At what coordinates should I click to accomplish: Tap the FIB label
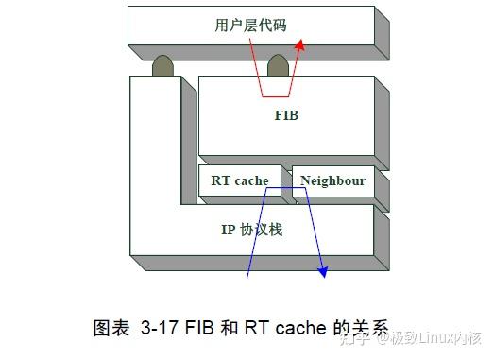(285, 116)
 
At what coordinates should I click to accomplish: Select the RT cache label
(240, 180)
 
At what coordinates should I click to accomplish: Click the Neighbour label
(333, 180)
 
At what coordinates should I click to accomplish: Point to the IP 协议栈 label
(252, 230)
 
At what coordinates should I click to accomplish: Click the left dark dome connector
(163, 66)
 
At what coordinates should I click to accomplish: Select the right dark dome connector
(278, 66)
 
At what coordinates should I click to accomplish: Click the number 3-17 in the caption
(160, 330)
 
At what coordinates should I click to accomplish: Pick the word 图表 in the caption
(111, 330)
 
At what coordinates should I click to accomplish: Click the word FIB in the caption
(199, 330)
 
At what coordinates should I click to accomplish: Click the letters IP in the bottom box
(228, 230)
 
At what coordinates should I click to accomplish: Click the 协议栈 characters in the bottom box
(262, 230)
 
